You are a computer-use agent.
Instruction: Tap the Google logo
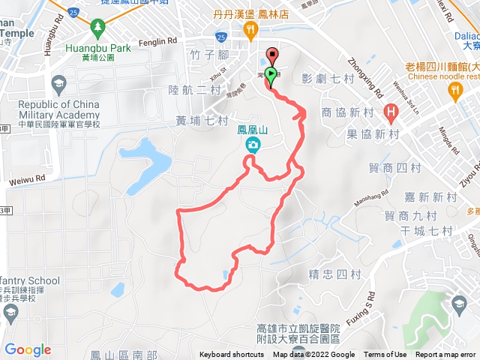pyautogui.click(x=28, y=349)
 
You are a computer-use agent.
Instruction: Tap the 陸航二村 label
pyautogui.click(x=194, y=90)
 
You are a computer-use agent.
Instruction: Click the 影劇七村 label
pyautogui.click(x=327, y=78)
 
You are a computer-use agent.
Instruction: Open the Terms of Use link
pyautogui.click(x=385, y=355)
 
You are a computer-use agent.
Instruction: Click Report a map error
pyautogui.click(x=447, y=355)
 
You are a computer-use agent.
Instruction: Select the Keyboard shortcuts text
pyautogui.click(x=232, y=355)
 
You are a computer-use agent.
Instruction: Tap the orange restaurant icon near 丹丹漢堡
pyautogui.click(x=250, y=29)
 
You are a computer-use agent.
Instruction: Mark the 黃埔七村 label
pyautogui.click(x=202, y=119)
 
